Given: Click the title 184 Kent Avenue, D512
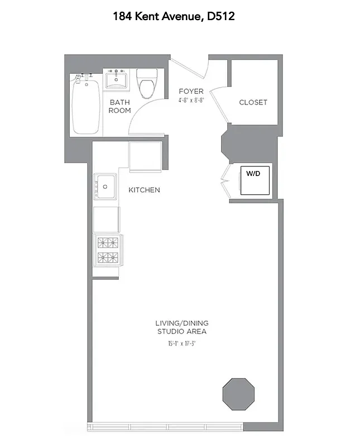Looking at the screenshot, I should [174, 16].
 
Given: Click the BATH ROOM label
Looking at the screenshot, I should [119, 106].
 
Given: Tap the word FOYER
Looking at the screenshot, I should [191, 91].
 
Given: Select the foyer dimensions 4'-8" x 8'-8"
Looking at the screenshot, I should [191, 101].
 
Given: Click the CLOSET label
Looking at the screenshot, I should [253, 102].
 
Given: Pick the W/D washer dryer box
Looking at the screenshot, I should [255, 180].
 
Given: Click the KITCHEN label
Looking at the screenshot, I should [144, 190].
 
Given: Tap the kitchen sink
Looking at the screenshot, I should [105, 186].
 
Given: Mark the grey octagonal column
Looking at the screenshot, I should [239, 394].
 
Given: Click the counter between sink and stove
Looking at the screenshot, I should [106, 220].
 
